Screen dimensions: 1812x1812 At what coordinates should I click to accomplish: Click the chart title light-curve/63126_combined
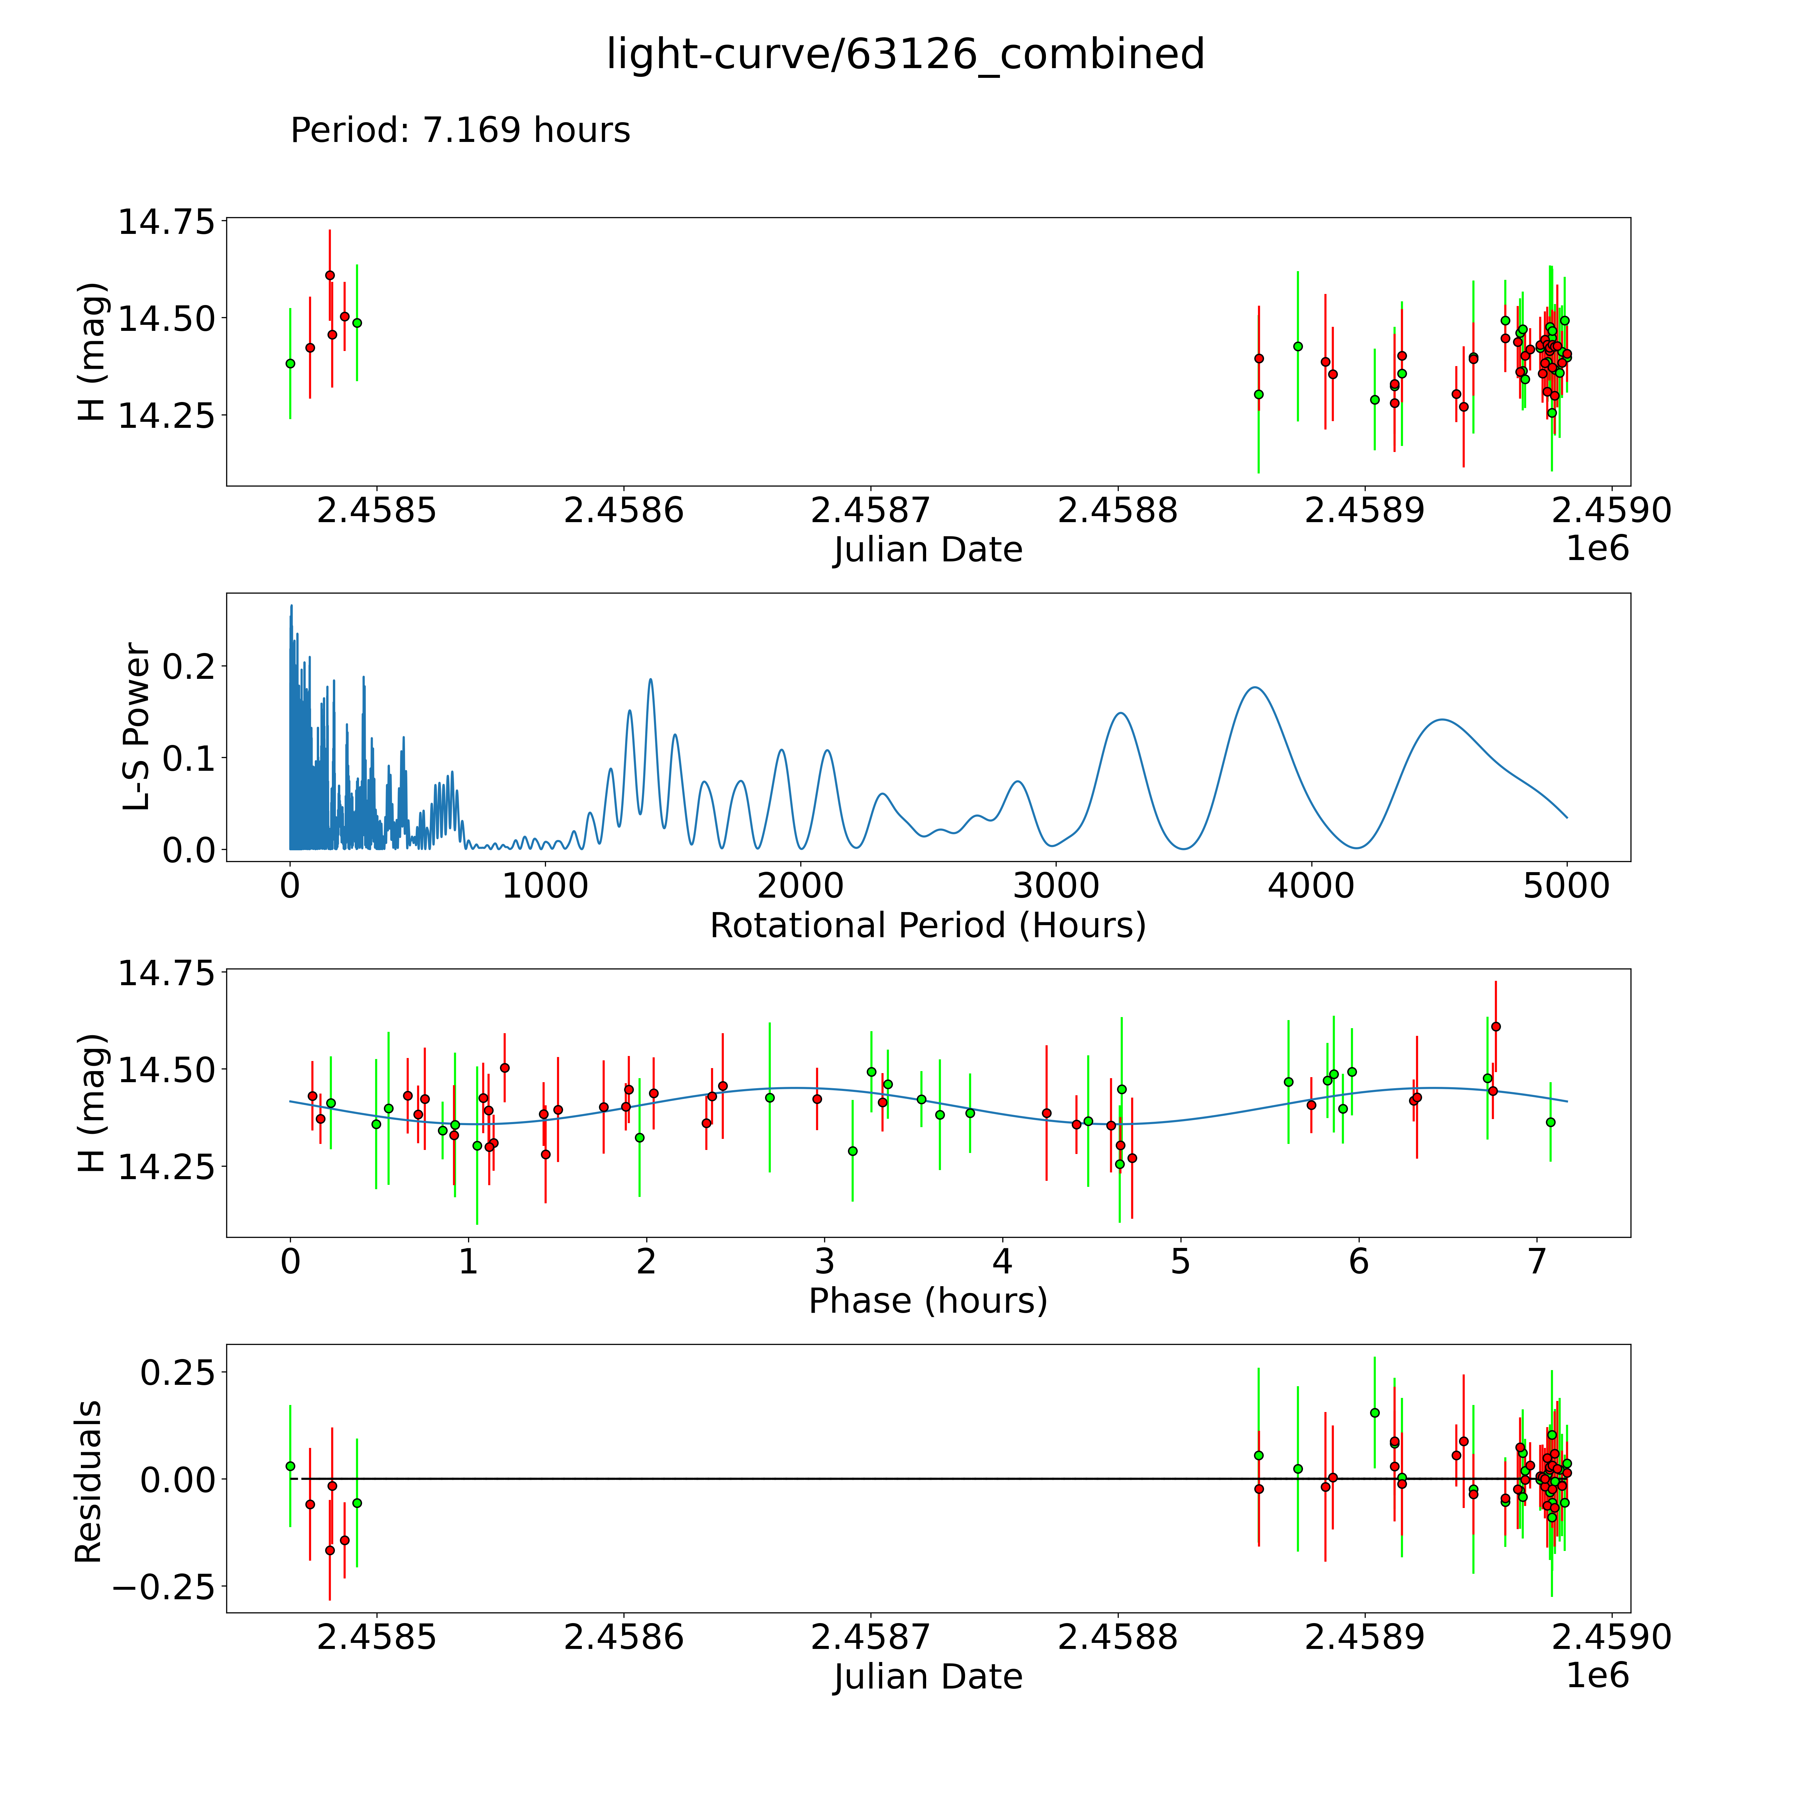pyautogui.click(x=905, y=54)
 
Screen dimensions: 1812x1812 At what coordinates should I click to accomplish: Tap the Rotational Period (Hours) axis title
pyautogui.click(x=927, y=926)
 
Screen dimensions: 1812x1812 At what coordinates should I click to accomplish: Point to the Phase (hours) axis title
pyautogui.click(x=927, y=1301)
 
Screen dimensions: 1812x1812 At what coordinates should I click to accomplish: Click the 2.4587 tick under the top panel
pyautogui.click(x=870, y=511)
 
